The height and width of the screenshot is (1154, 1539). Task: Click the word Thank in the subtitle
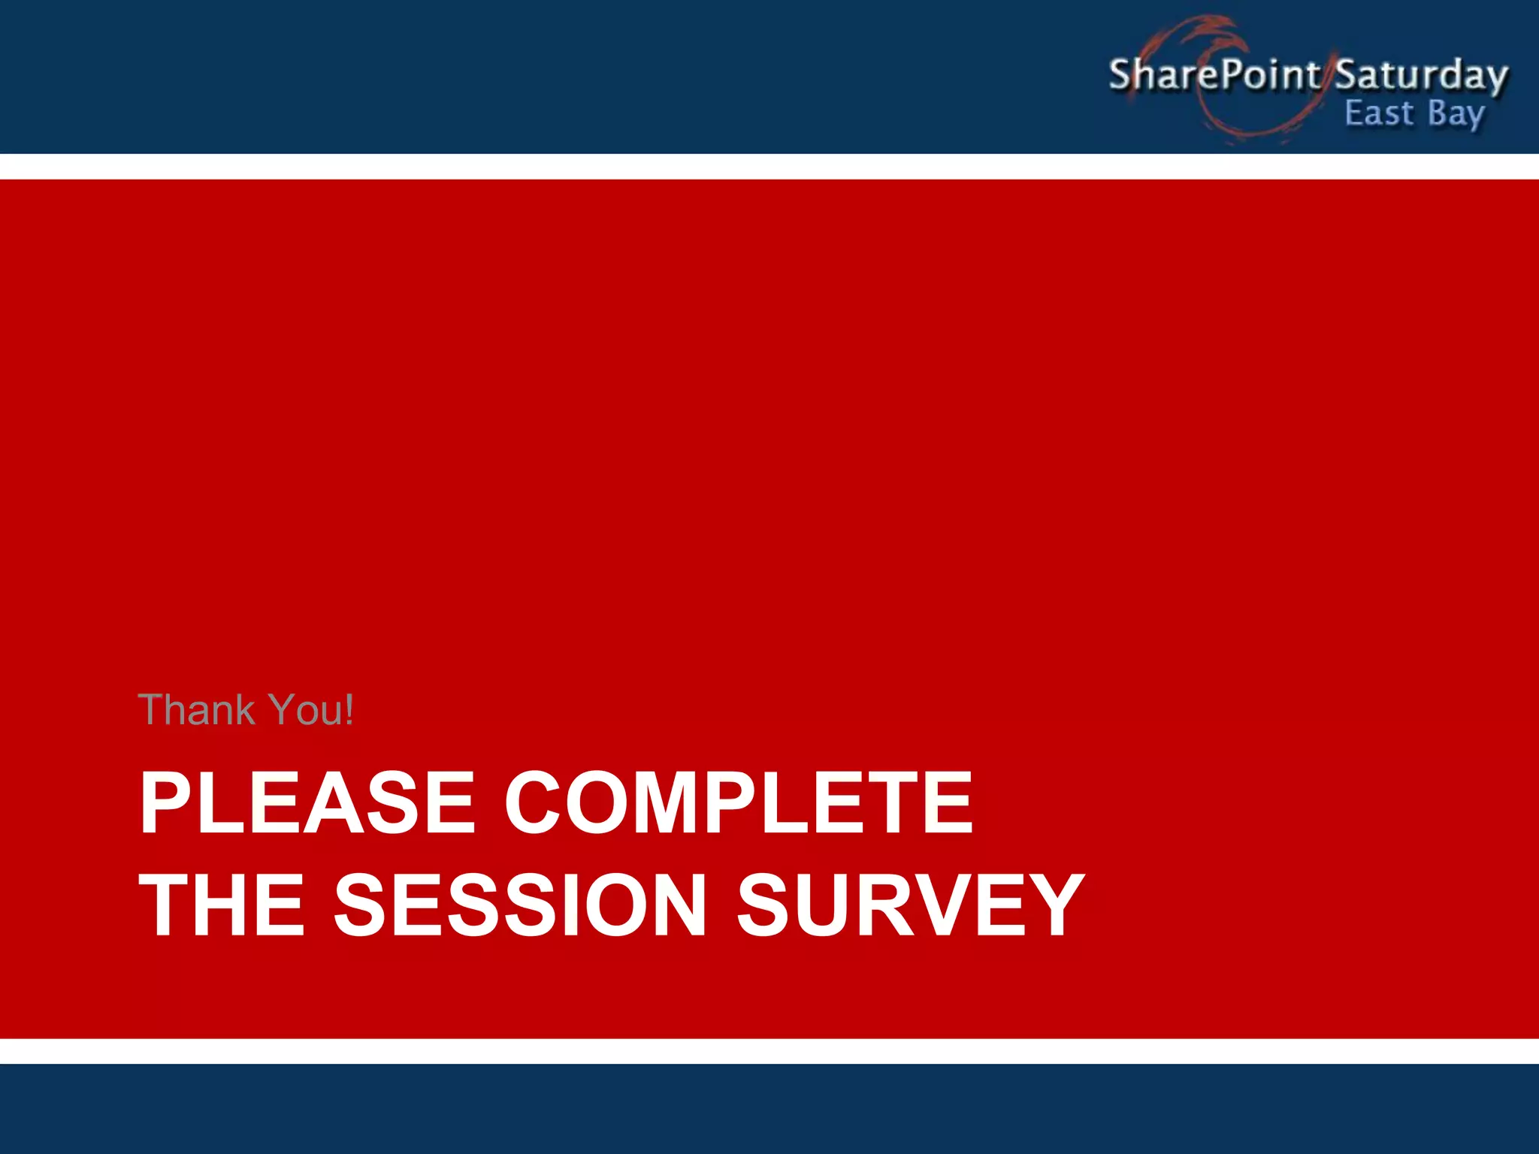[x=197, y=710]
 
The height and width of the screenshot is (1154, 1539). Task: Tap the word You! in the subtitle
[x=310, y=710]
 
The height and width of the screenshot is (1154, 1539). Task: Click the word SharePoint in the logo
[x=1213, y=74]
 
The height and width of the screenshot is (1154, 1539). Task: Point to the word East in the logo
[x=1378, y=113]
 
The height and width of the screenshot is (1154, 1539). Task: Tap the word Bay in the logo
[x=1456, y=115]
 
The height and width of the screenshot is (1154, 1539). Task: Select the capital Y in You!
[x=283, y=710]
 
